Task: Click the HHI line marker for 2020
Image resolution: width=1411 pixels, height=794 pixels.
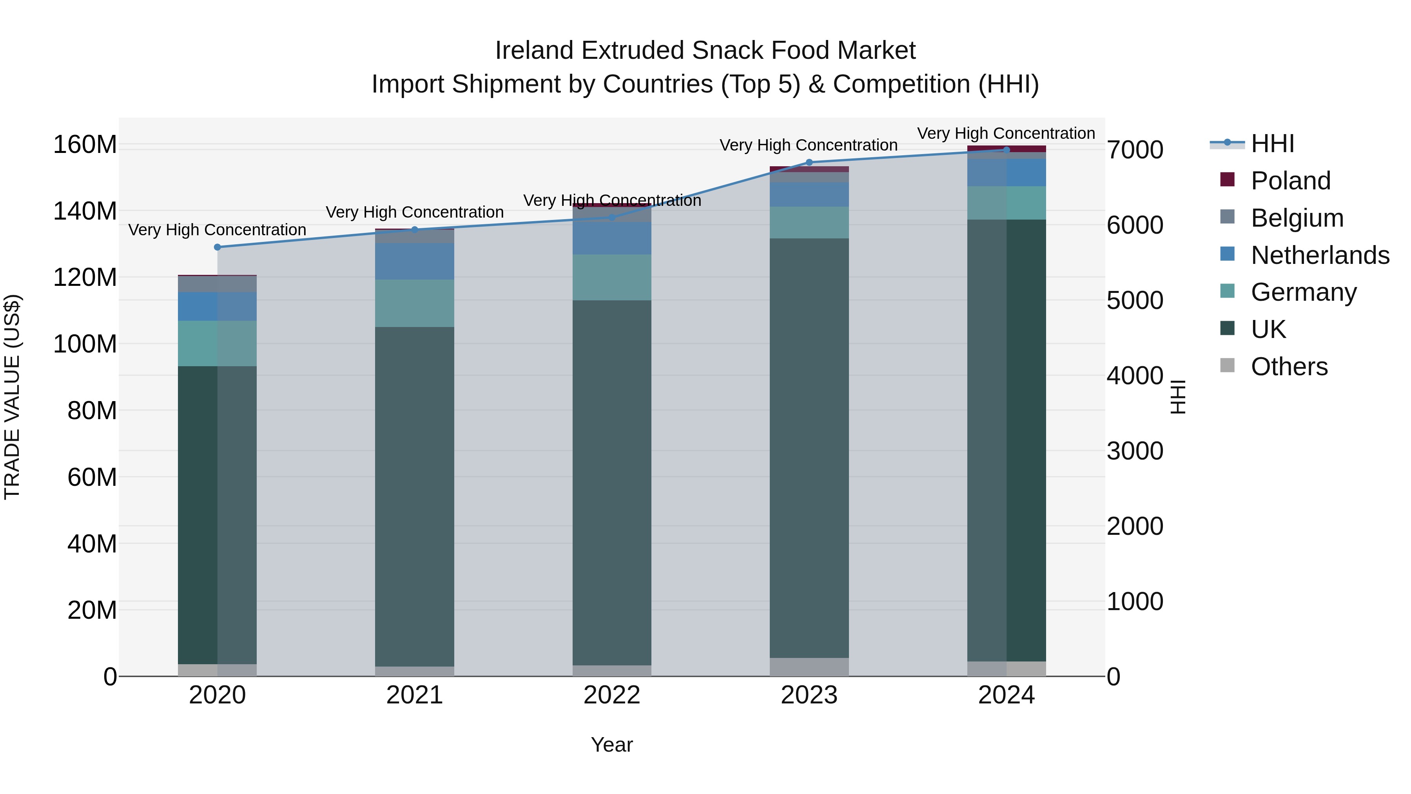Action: tap(218, 247)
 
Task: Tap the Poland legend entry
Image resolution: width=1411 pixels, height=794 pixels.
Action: tap(1291, 181)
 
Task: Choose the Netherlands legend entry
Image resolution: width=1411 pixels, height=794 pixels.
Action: tap(1320, 255)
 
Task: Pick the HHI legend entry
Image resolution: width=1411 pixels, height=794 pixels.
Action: tap(1272, 144)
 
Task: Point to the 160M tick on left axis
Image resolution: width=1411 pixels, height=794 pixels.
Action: tap(85, 145)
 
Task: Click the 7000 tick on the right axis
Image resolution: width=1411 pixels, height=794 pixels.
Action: tap(1135, 150)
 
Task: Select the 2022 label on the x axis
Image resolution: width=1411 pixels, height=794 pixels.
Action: tap(612, 695)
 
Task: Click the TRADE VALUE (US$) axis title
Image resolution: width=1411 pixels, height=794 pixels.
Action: tap(12, 397)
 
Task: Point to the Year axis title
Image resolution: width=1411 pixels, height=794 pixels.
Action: tap(612, 745)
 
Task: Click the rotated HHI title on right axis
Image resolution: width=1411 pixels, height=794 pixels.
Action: tap(1178, 397)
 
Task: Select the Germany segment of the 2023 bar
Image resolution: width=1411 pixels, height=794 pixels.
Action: tap(809, 222)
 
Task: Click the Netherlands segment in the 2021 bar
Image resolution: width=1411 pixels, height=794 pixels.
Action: tap(415, 262)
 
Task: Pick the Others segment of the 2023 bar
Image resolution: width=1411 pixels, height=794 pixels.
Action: tap(809, 667)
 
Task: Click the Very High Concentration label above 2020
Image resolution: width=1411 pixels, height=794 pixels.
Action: tap(218, 230)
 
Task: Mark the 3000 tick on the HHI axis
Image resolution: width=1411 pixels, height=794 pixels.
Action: tap(1135, 451)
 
